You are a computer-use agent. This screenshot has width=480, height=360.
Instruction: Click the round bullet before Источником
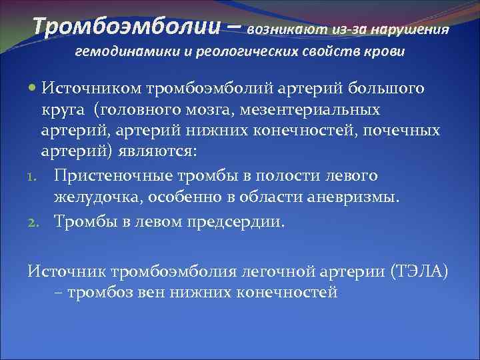coord(33,88)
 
